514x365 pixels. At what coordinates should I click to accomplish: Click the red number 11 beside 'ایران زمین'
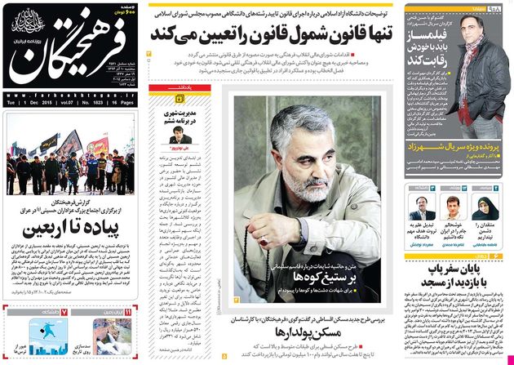(129, 312)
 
